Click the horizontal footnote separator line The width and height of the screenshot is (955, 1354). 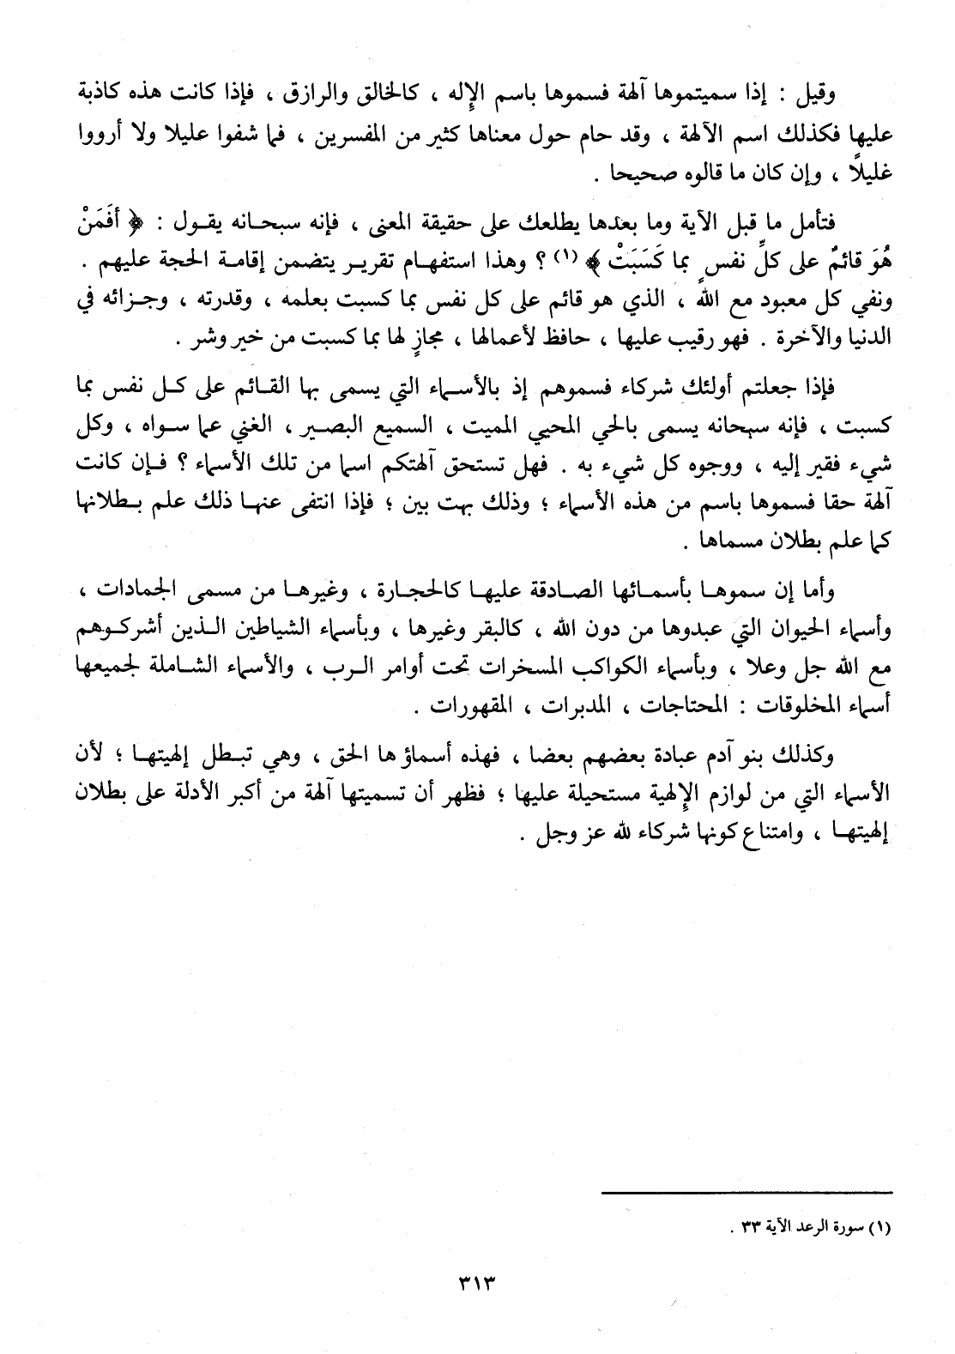[x=746, y=1191]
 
